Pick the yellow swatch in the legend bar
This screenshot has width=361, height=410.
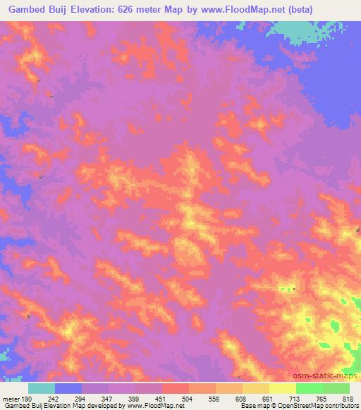click(282, 388)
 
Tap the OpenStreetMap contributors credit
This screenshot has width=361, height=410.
click(317, 406)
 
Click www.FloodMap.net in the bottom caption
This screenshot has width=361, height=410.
click(151, 406)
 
